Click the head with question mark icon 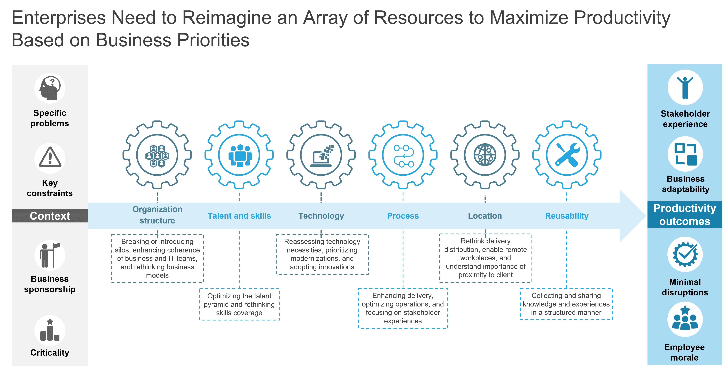point(50,88)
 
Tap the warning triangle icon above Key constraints point(50,158)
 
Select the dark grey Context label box point(50,216)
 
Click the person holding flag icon point(50,255)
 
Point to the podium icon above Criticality point(50,330)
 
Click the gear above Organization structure point(157,155)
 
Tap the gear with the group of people point(239,155)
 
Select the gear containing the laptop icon point(321,155)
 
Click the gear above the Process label point(403,155)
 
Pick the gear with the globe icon point(485,155)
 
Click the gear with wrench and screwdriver point(567,155)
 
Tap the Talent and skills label point(239,216)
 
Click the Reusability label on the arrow point(567,216)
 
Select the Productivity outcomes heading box point(685,215)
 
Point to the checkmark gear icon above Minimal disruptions point(685,254)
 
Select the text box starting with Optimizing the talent point(239,304)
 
